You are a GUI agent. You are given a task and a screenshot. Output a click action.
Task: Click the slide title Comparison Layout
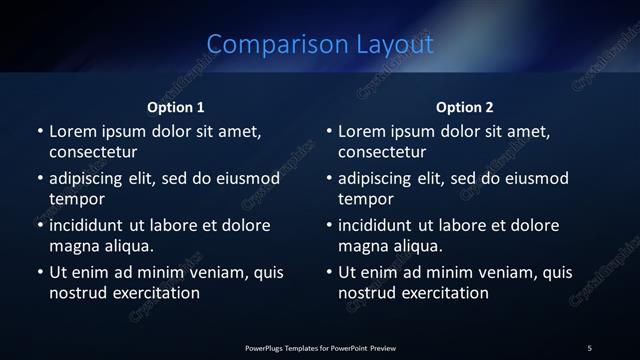(320, 44)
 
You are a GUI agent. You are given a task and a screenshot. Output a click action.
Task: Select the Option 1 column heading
(176, 107)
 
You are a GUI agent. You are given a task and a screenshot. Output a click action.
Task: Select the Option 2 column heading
(465, 107)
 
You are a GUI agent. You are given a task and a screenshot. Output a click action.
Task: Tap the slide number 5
(589, 348)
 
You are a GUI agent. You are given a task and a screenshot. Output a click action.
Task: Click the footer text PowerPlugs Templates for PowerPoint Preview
(320, 348)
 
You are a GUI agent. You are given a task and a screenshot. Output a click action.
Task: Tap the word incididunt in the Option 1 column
(90, 224)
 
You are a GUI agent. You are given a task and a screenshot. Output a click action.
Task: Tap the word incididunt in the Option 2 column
(379, 224)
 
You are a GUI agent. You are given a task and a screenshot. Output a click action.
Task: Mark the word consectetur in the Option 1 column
(93, 153)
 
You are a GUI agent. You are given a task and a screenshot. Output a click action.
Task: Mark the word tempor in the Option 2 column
(363, 199)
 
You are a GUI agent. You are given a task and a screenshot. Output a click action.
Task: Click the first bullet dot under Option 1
(40, 132)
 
